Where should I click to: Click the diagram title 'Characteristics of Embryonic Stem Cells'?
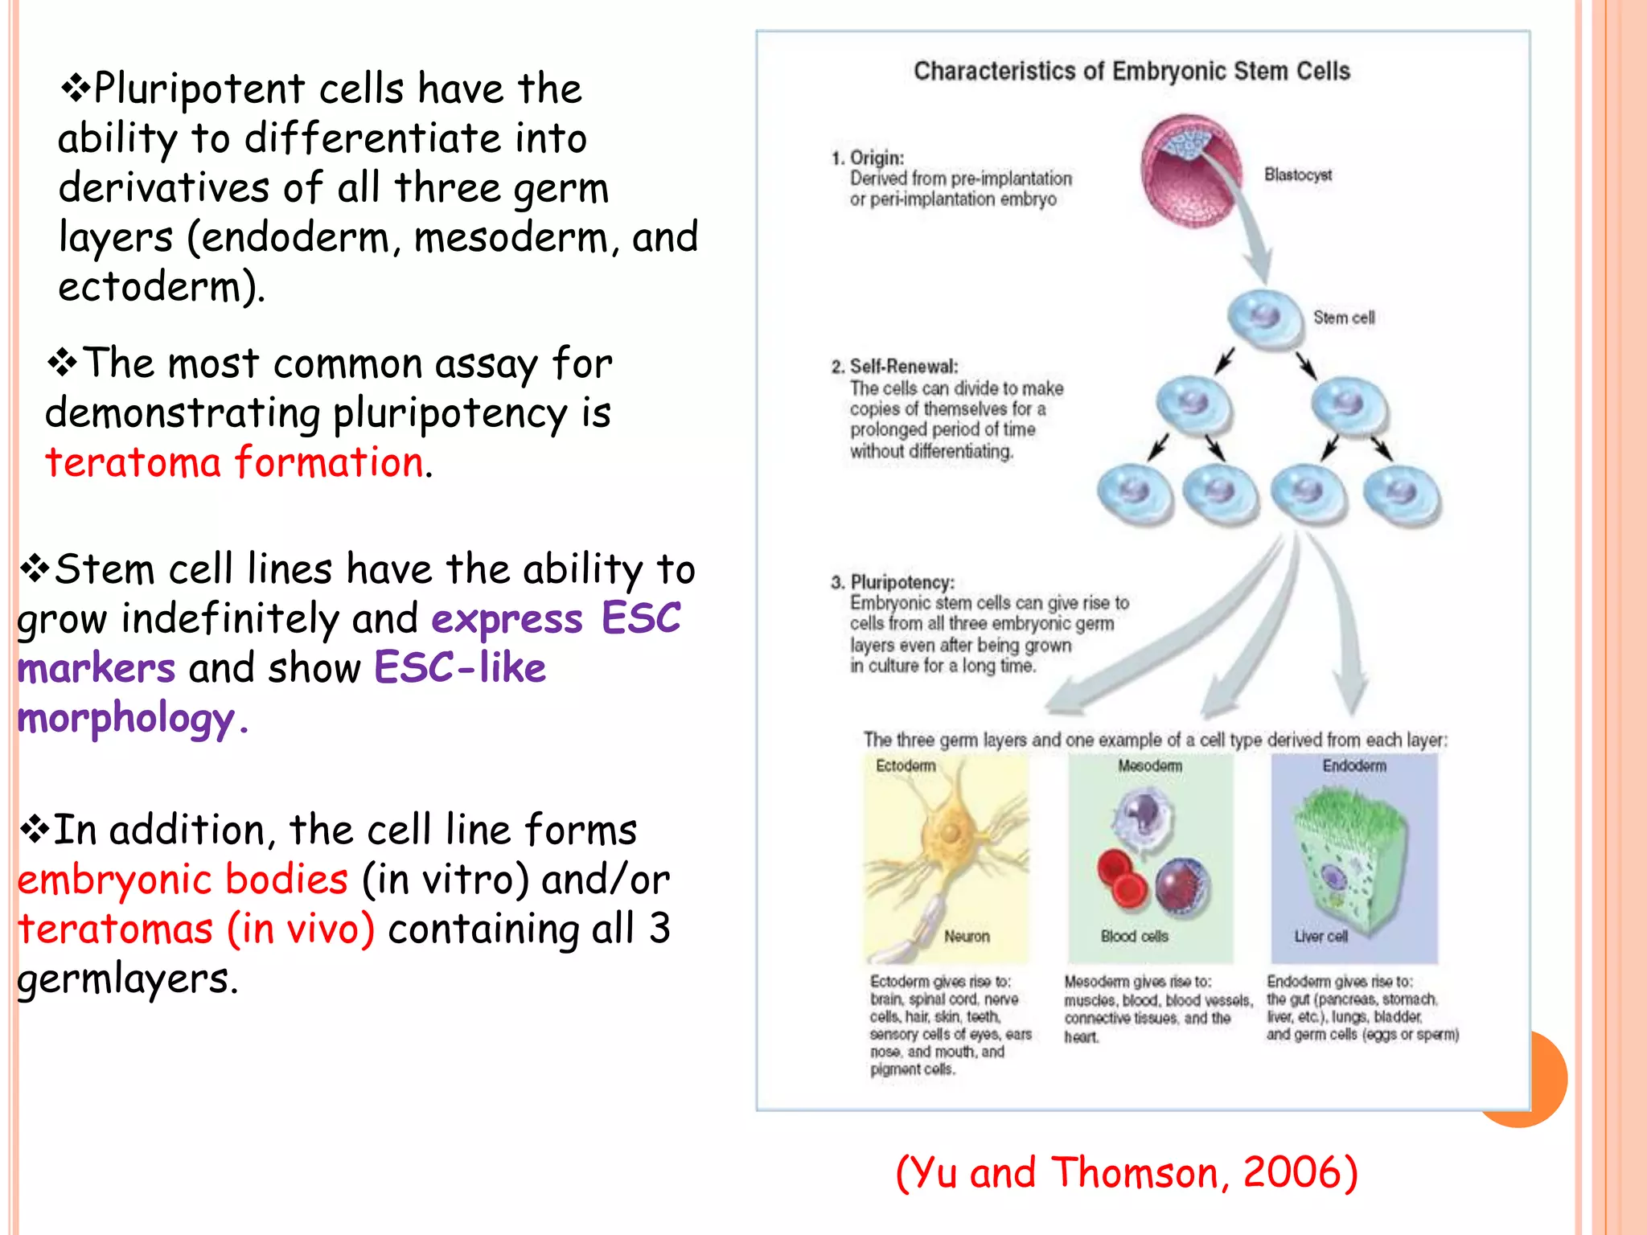[x=1132, y=72]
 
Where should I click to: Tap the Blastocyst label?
[x=1297, y=175]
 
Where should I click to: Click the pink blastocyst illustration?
[x=1189, y=170]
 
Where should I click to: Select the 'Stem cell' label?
[x=1344, y=318]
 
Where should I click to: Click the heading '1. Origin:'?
[x=868, y=158]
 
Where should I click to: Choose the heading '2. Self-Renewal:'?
[x=895, y=367]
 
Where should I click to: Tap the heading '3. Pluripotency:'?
[x=893, y=582]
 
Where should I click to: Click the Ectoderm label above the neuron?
[x=906, y=766]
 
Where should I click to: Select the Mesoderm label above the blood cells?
[x=1150, y=766]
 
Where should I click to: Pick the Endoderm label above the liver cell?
[x=1354, y=766]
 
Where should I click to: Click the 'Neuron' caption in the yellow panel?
[x=967, y=937]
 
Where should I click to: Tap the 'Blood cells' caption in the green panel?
[x=1134, y=937]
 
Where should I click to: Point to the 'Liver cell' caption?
[x=1320, y=937]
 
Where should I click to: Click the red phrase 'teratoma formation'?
[x=234, y=463]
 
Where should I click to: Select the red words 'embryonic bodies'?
[x=183, y=880]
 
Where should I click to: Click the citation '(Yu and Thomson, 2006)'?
[x=1126, y=1172]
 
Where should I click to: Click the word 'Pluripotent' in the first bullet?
[x=199, y=88]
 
